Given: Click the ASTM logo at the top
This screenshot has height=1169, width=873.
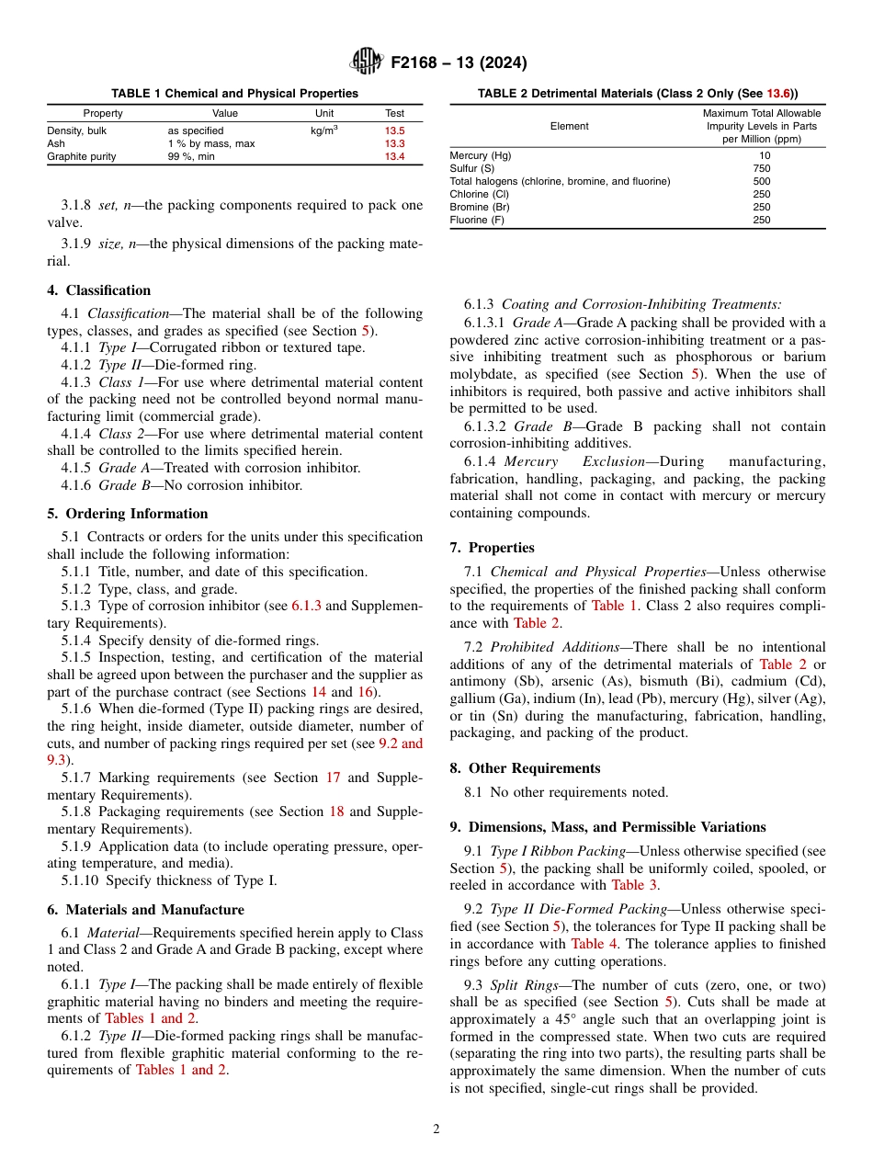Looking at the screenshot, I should click(x=367, y=62).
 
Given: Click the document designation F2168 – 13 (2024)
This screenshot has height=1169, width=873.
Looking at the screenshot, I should click(x=459, y=63).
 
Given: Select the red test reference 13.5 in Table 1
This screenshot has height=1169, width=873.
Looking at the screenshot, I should click(x=394, y=131).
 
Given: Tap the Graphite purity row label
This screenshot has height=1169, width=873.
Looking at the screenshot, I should click(x=82, y=157).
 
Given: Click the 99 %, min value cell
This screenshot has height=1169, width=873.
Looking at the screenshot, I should click(x=191, y=157).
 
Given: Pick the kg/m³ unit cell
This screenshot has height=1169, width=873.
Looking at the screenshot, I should click(x=324, y=131).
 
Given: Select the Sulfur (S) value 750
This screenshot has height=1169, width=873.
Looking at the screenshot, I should click(x=762, y=168).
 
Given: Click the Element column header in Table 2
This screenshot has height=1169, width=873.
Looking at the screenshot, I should click(x=569, y=126).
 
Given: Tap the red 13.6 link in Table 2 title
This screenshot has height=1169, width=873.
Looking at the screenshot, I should click(x=778, y=93).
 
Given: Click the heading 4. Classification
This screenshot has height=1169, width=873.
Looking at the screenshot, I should click(x=98, y=290).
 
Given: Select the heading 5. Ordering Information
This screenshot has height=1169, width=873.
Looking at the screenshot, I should click(x=128, y=514).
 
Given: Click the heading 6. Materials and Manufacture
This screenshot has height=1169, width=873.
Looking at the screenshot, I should click(x=145, y=910).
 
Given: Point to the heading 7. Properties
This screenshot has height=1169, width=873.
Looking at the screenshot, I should click(x=492, y=548).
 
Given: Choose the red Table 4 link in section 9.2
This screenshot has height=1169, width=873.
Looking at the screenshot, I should click(x=587, y=944).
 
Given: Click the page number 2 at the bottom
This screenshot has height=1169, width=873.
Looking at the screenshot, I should click(x=436, y=1129).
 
